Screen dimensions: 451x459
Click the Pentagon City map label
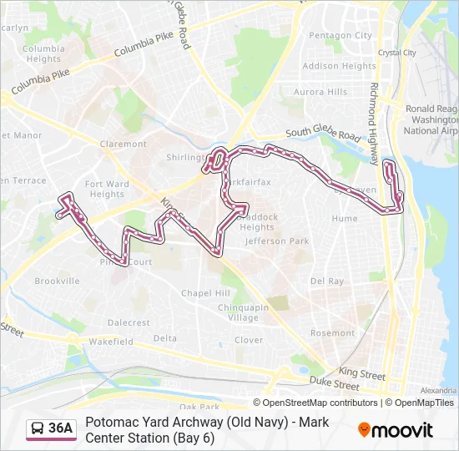point(340,36)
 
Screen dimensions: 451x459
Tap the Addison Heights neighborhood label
point(339,66)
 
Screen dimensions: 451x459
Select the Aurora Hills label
point(320,92)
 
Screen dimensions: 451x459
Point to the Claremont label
point(123,144)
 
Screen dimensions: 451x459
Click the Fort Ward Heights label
point(107,189)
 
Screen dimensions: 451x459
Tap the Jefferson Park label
point(277,241)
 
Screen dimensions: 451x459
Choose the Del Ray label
point(327,281)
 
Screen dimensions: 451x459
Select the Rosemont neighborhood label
point(332,333)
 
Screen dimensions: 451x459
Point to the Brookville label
point(57,281)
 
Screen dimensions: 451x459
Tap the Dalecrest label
point(129,322)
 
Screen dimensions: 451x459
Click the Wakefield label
point(111,342)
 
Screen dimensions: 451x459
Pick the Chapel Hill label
point(205,293)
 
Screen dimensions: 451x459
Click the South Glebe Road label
point(323,133)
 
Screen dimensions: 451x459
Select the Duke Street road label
point(334,385)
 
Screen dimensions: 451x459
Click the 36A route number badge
point(60,428)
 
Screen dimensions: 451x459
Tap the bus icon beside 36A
point(38,428)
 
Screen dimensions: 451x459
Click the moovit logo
point(396,430)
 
